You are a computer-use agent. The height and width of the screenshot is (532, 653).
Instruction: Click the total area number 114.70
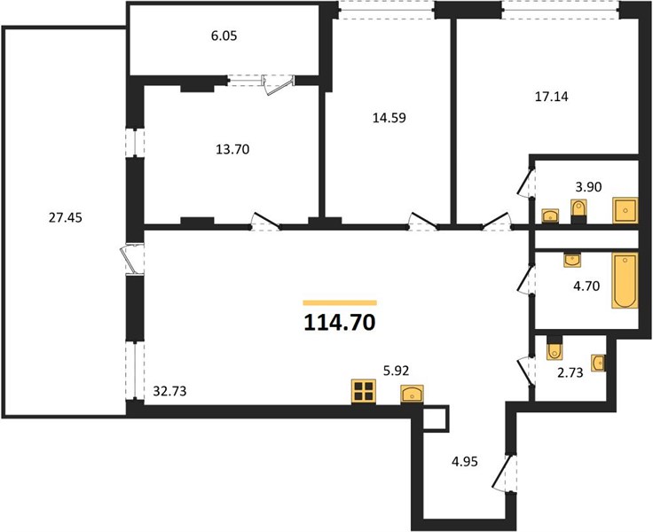(x=340, y=322)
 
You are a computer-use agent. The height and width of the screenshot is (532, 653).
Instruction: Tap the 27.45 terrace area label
(x=66, y=217)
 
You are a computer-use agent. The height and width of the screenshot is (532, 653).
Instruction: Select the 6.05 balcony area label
(x=224, y=35)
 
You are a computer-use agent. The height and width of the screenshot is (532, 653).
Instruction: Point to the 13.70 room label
(x=232, y=149)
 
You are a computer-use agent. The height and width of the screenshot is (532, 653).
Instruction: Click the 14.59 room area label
(x=389, y=118)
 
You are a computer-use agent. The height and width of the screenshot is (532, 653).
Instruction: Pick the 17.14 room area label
(x=551, y=97)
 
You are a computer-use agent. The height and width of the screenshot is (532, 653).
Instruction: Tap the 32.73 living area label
(x=169, y=391)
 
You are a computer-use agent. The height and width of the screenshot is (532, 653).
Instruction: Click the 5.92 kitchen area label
(x=396, y=370)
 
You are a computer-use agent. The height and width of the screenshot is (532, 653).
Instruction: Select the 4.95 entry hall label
(x=464, y=461)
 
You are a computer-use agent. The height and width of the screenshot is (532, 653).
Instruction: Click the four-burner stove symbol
(x=364, y=391)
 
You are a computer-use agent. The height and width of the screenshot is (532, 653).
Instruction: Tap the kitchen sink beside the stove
(x=412, y=395)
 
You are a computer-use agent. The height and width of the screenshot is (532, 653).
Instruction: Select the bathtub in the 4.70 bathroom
(x=625, y=280)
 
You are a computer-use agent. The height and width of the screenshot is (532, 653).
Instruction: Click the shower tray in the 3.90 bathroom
(x=625, y=211)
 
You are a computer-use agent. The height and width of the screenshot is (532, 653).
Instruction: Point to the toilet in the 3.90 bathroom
(x=578, y=211)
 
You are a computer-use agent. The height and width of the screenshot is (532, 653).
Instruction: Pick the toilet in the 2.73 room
(x=554, y=348)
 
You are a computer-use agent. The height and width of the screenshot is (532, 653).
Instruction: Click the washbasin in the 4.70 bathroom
(x=572, y=260)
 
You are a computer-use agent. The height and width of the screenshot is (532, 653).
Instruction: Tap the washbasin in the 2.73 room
(x=599, y=363)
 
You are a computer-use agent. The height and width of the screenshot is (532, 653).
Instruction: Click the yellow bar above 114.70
(x=340, y=303)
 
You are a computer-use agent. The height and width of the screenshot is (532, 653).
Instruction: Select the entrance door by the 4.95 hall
(x=503, y=473)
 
